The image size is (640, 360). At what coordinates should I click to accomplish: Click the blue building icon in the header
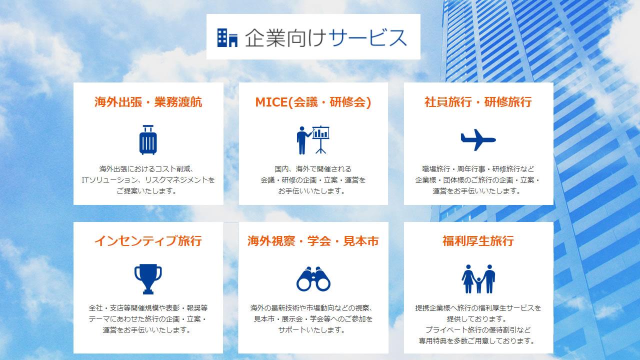[x=227, y=37]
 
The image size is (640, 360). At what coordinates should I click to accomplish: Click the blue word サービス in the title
[x=367, y=37]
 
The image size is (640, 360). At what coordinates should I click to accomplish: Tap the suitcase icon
[x=148, y=139]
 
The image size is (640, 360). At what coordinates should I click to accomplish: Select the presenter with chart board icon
[x=313, y=139]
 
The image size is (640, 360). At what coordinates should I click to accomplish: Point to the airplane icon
[x=478, y=139]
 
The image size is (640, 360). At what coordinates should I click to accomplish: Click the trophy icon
[x=148, y=279]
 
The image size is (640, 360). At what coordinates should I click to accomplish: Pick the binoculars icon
[x=313, y=279]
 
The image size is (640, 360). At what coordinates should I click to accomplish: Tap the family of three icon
[x=478, y=279]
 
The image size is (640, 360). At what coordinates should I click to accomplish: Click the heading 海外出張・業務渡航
[x=148, y=102]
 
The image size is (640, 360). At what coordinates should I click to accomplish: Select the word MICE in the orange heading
[x=271, y=102]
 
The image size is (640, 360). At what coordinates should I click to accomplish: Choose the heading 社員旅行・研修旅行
[x=478, y=102]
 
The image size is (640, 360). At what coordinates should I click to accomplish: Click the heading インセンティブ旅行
[x=148, y=241]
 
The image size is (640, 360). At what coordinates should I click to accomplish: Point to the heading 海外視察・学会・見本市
[x=313, y=241]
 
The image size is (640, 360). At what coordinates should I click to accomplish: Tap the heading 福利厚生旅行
[x=478, y=241]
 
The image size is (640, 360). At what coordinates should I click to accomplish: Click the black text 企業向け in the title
[x=285, y=37]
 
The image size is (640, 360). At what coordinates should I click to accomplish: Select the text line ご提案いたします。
[x=146, y=191]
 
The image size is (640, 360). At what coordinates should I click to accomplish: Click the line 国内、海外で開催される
[x=313, y=169]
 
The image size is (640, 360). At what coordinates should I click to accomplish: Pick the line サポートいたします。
[x=311, y=330]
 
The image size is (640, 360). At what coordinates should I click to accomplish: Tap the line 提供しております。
[x=477, y=319]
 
